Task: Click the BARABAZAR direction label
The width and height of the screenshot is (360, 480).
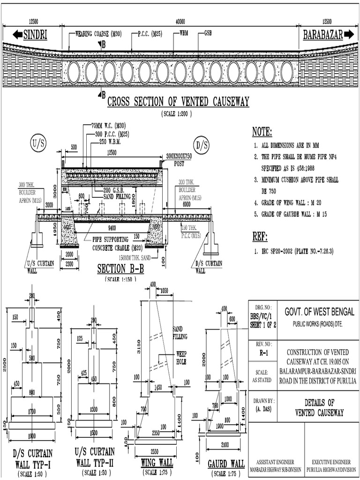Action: [323, 35]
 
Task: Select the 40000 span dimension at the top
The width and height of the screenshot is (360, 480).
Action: [180, 22]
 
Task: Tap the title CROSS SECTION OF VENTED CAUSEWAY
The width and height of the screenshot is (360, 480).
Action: [178, 101]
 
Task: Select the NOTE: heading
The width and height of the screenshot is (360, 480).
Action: [262, 131]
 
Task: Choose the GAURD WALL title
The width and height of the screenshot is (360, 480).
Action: [226, 463]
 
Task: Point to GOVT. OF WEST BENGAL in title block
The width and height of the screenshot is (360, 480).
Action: [319, 312]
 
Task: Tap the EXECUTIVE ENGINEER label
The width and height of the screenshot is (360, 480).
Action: [332, 462]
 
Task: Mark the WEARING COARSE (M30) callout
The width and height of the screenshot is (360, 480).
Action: [98, 34]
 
